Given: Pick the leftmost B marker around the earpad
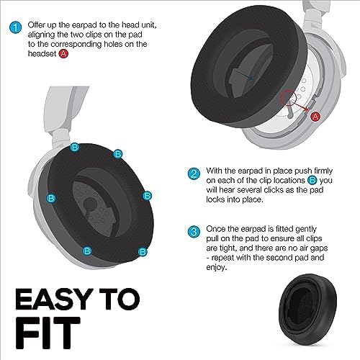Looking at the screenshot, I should (x=51, y=197).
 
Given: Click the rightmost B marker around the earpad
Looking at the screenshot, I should (x=147, y=195).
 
